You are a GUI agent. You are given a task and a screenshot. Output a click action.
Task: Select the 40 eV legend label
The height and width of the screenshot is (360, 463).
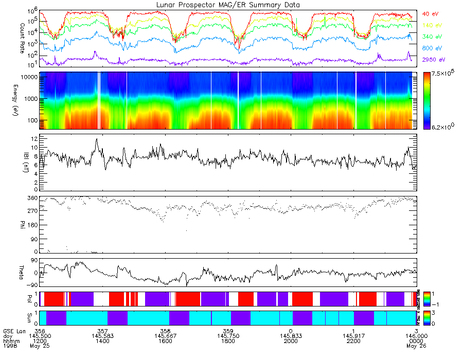tap(430, 13)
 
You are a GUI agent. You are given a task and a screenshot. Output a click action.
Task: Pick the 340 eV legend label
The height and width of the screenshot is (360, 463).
tap(431, 37)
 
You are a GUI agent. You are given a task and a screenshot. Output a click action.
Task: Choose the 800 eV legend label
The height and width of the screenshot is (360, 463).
tap(431, 48)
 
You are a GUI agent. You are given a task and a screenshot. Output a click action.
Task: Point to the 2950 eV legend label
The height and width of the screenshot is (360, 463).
tap(433, 60)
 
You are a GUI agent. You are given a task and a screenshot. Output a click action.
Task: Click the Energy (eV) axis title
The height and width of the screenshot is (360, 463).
tap(8, 101)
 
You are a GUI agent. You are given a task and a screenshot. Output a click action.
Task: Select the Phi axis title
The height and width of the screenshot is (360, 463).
tap(8, 225)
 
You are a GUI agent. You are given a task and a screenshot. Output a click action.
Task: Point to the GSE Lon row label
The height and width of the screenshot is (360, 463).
tap(14, 330)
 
